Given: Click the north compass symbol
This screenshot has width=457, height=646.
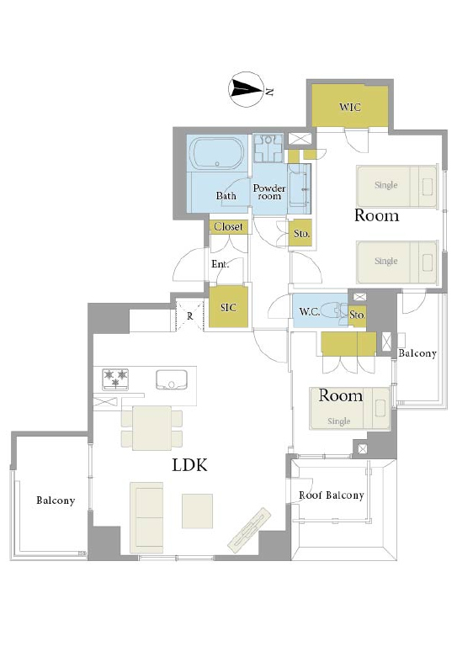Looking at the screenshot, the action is coord(246,89).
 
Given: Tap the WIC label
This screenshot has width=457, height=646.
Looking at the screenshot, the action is coord(350,107).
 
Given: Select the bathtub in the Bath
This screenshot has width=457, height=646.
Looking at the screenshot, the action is coord(217,153).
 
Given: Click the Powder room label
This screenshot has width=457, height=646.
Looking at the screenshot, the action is coord(269,192).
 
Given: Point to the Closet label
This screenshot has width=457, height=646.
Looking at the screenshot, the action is coord(228,226).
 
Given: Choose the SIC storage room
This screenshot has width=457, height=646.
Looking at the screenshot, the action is coord(228,307).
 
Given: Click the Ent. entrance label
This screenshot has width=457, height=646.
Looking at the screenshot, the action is coord(221,264).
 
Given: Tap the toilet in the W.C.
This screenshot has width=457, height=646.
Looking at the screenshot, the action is coord(334,311).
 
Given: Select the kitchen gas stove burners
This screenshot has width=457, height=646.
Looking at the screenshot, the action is coord(115,379).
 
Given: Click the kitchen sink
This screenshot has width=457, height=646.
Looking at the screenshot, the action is coord(172,379).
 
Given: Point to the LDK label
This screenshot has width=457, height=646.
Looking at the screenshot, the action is coord(189,465).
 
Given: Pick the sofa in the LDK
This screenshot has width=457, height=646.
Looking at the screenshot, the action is coord(146,517).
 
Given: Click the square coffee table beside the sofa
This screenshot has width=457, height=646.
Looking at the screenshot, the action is coord(198,511).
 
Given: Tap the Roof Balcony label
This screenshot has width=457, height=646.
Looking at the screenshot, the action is coord(332,495).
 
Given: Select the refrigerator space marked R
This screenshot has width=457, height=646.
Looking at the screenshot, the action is coord(189,316).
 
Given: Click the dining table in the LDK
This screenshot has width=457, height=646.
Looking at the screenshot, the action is coord(152,428).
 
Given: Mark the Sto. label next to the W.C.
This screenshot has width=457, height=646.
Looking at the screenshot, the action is coord(358,315).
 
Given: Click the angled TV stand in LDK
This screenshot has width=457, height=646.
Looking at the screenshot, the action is coord(249,531).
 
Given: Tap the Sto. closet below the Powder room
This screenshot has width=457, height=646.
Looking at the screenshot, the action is coord(300,233).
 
